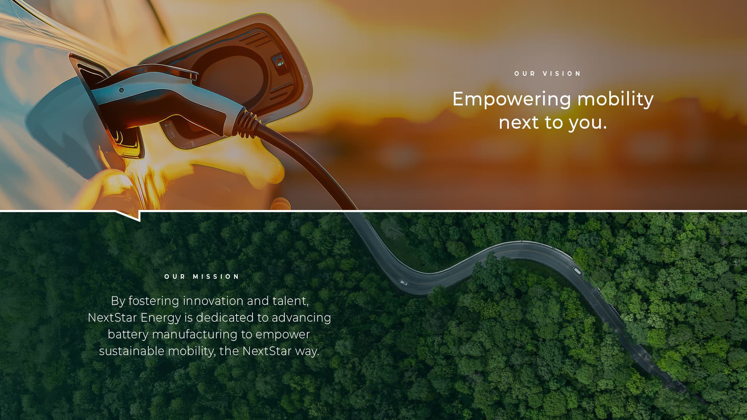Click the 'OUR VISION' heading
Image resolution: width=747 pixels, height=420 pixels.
(547, 73)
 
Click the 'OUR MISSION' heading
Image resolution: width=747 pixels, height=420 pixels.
(202, 276)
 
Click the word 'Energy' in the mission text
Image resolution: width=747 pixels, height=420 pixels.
(161, 318)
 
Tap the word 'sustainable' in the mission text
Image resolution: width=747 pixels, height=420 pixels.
(132, 351)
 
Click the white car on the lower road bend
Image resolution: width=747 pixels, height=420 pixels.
(404, 283)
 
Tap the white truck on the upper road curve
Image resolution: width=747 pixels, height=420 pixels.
(577, 270)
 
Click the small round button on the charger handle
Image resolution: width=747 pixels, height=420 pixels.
(121, 90)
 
